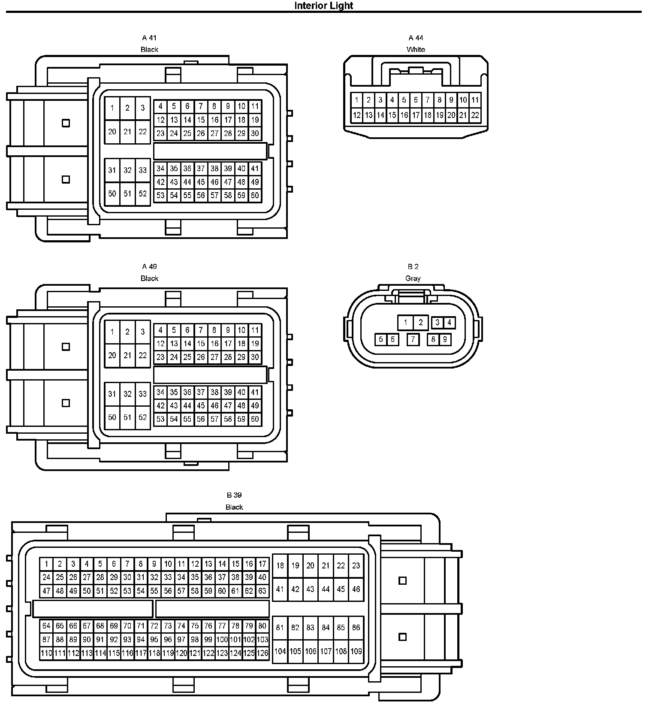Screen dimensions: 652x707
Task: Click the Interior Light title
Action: pyautogui.click(x=323, y=6)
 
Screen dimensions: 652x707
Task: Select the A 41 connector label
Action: pyautogui.click(x=149, y=38)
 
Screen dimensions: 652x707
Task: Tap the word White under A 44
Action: pyautogui.click(x=415, y=49)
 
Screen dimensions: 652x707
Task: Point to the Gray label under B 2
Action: pyautogui.click(x=413, y=278)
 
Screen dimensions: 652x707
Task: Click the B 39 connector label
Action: pyautogui.click(x=234, y=495)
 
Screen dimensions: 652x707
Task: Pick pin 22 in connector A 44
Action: pyautogui.click(x=474, y=115)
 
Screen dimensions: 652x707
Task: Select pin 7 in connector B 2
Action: pyautogui.click(x=413, y=339)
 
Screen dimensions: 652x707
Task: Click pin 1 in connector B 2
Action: pyautogui.click(x=405, y=322)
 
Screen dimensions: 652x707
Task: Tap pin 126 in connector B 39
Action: pyautogui.click(x=262, y=653)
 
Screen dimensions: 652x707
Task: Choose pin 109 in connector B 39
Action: pyautogui.click(x=356, y=651)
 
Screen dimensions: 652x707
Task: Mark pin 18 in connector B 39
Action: pyautogui.click(x=280, y=565)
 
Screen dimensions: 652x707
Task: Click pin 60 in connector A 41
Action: pyautogui.click(x=255, y=196)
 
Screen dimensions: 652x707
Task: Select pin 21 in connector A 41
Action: pyautogui.click(x=127, y=132)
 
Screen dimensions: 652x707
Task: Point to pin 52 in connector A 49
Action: pyautogui.click(x=142, y=417)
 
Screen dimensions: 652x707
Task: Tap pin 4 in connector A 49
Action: pyautogui.click(x=160, y=330)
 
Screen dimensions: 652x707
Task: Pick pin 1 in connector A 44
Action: pyautogui.click(x=356, y=100)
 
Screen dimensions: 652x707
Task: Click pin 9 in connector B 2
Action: pyautogui.click(x=445, y=339)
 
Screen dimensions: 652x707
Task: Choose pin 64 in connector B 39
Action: pyautogui.click(x=46, y=626)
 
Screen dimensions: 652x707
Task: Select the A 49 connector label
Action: pyautogui.click(x=149, y=266)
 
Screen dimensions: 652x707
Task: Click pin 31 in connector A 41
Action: pyautogui.click(x=112, y=170)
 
